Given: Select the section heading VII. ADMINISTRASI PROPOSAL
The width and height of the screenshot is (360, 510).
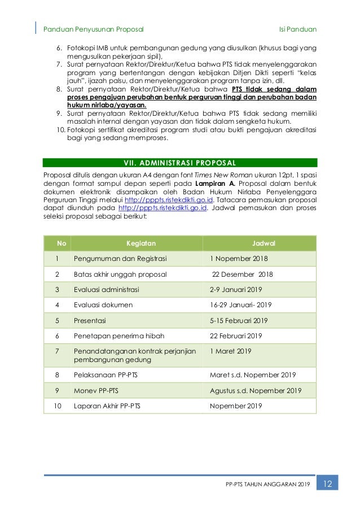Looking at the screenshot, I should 181,163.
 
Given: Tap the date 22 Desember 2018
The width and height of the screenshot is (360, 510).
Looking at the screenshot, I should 242,274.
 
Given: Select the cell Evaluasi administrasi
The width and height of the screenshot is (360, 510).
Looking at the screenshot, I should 107,290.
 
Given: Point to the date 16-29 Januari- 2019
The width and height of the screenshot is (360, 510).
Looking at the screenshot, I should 241,305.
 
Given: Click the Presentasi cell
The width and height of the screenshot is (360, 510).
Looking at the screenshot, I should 90,320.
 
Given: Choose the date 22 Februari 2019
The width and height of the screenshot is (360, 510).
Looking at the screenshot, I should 236,336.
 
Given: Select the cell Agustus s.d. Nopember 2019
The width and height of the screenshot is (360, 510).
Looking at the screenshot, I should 256,390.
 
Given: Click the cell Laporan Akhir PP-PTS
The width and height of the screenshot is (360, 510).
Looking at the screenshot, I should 108,406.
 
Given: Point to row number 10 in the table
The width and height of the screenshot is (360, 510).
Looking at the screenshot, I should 56,406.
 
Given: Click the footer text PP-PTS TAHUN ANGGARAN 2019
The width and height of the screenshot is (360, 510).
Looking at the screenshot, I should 268,485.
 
